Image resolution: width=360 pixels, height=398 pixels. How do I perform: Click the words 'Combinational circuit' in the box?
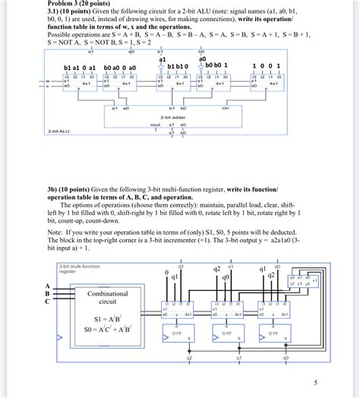[112, 297]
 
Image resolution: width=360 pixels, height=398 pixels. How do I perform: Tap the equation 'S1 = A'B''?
[109, 319]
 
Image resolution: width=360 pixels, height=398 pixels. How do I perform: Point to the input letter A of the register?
[47, 286]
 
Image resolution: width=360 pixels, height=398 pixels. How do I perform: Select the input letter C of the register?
[47, 302]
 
